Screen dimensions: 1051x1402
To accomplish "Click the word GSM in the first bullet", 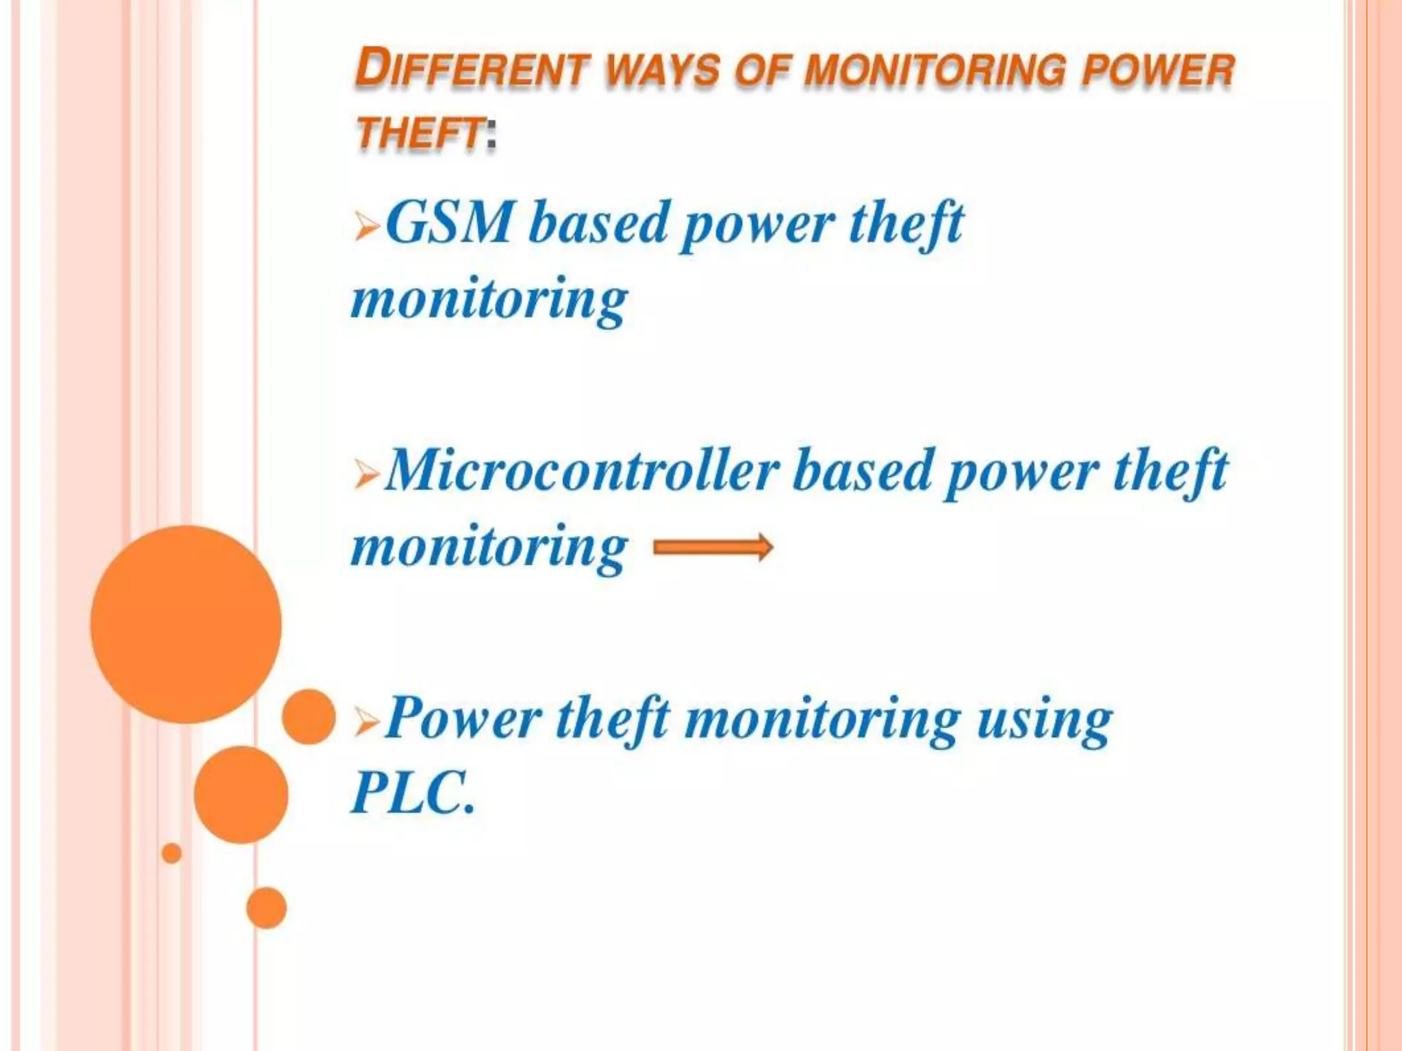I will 448,222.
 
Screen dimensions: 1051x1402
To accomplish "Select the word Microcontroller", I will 582,471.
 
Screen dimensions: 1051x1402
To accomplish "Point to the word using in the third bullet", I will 1044,720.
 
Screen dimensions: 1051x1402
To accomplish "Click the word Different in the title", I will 472,68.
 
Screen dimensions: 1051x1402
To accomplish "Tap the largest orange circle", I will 186,624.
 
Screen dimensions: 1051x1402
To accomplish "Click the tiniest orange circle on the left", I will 172,853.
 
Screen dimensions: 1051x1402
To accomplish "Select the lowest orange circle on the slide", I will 266,908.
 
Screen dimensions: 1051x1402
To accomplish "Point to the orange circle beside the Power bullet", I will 309,716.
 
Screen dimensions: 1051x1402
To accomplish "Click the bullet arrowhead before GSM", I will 367,226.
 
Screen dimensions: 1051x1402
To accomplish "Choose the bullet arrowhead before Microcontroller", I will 367,473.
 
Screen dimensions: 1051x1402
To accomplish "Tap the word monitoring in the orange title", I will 934,70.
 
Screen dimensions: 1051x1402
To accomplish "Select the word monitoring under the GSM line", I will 489,300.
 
